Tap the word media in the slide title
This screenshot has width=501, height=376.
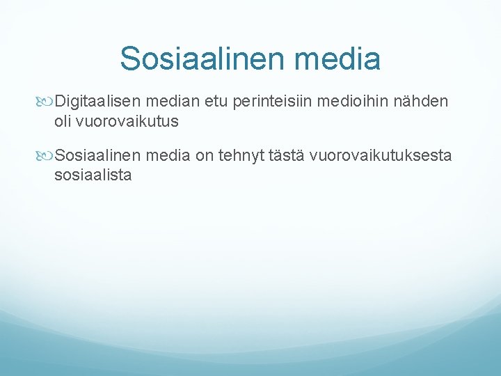click(339, 58)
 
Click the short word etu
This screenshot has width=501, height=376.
click(217, 103)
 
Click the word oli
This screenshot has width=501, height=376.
click(63, 121)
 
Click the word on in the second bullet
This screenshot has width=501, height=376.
click(204, 156)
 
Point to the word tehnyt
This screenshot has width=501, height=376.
click(239, 156)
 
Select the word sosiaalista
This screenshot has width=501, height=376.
click(93, 174)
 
